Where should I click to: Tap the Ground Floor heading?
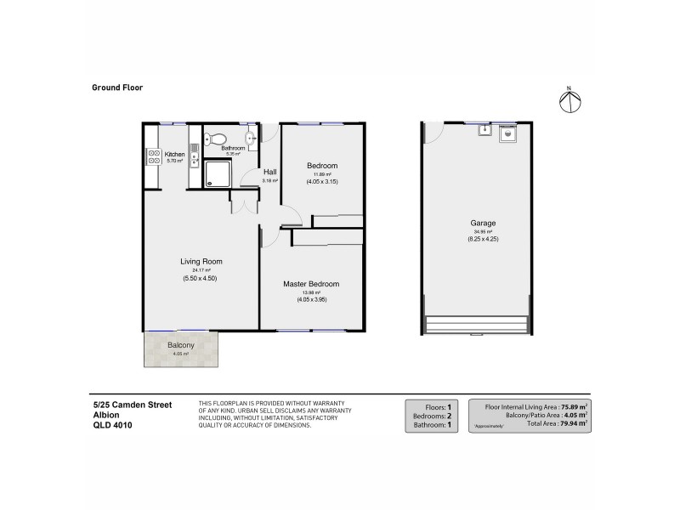click(x=117, y=87)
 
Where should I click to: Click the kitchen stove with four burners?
click(x=155, y=156)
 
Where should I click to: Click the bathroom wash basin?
click(x=252, y=139)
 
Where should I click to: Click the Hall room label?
click(x=270, y=171)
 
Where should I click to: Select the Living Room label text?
click(x=201, y=261)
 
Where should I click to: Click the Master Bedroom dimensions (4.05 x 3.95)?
click(x=311, y=300)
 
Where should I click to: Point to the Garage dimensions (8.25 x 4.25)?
click(x=484, y=240)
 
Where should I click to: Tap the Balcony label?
click(x=179, y=344)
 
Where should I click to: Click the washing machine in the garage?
click(x=507, y=133)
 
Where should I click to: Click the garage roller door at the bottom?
click(x=480, y=326)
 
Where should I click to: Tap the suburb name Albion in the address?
click(x=106, y=416)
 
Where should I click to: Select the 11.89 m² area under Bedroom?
click(x=322, y=173)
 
